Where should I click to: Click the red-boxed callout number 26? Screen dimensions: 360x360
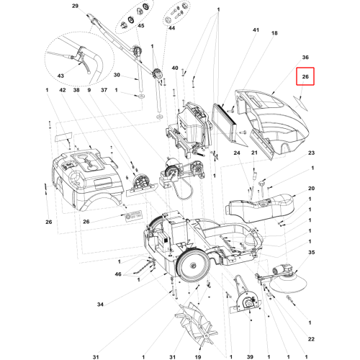(x=305, y=76)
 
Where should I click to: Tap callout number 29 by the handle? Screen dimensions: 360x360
(x=75, y=6)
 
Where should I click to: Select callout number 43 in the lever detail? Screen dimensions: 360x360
(x=60, y=76)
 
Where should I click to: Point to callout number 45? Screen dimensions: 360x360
(x=141, y=26)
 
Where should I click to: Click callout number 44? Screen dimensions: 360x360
(x=171, y=28)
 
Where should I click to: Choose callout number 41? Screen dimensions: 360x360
(x=256, y=30)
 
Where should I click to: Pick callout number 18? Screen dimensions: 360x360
(x=274, y=33)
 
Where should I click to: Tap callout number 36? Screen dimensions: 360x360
(x=305, y=58)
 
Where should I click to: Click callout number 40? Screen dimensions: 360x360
(x=175, y=68)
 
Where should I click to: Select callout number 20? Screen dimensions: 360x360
(x=311, y=189)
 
